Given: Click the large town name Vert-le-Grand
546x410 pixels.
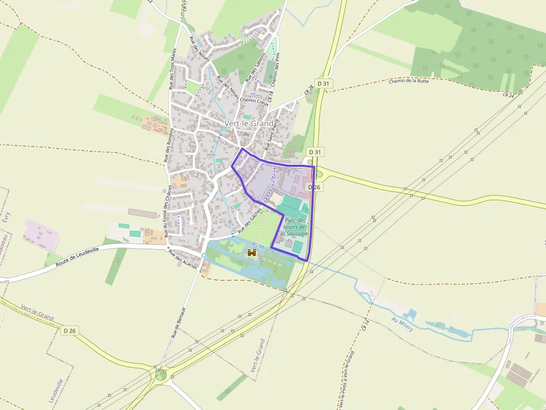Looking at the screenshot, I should (x=248, y=123).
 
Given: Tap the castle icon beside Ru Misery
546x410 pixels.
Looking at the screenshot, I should (x=252, y=253).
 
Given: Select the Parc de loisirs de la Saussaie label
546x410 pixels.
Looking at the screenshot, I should (x=294, y=227).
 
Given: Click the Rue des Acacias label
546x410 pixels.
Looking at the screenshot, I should (x=183, y=260).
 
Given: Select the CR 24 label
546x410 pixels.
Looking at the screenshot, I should (x=508, y=95).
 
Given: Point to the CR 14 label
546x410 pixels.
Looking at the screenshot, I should (x=365, y=325).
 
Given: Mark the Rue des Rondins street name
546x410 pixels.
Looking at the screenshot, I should (x=169, y=145).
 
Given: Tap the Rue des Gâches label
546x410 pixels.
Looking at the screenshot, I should (x=249, y=223).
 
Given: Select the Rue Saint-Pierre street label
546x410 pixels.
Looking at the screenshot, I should (x=272, y=134).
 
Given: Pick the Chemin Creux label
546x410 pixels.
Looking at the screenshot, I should (x=254, y=102).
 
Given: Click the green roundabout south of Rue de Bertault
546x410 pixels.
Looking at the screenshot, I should (x=161, y=375).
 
